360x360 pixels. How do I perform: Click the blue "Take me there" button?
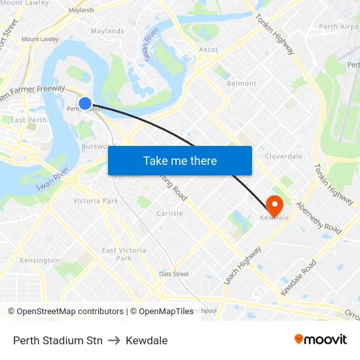pos(180,160)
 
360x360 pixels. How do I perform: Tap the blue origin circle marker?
pos(85,103)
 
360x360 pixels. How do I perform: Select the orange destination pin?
pos(274,206)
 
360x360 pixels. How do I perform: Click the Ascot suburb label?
pos(209,50)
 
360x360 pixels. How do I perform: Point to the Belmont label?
pos(241,84)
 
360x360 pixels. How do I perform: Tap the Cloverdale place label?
pos(283,156)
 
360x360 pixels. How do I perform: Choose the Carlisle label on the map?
pos(170,213)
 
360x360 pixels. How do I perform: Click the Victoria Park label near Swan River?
pos(96,201)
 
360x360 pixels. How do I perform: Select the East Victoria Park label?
pos(124,254)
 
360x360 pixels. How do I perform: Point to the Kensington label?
pos(39,261)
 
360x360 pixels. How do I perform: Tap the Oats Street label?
pos(173,274)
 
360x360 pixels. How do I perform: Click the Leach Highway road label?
pos(242,264)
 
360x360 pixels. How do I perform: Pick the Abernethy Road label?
pos(319,218)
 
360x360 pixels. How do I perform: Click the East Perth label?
pos(28,120)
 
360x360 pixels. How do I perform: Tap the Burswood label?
pos(98,147)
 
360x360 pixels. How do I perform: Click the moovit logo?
pos(321,340)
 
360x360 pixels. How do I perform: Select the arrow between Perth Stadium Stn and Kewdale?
pos(115,340)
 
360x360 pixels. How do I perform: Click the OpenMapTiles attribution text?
pos(162,312)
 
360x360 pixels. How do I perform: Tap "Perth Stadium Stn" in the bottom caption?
pos(58,340)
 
